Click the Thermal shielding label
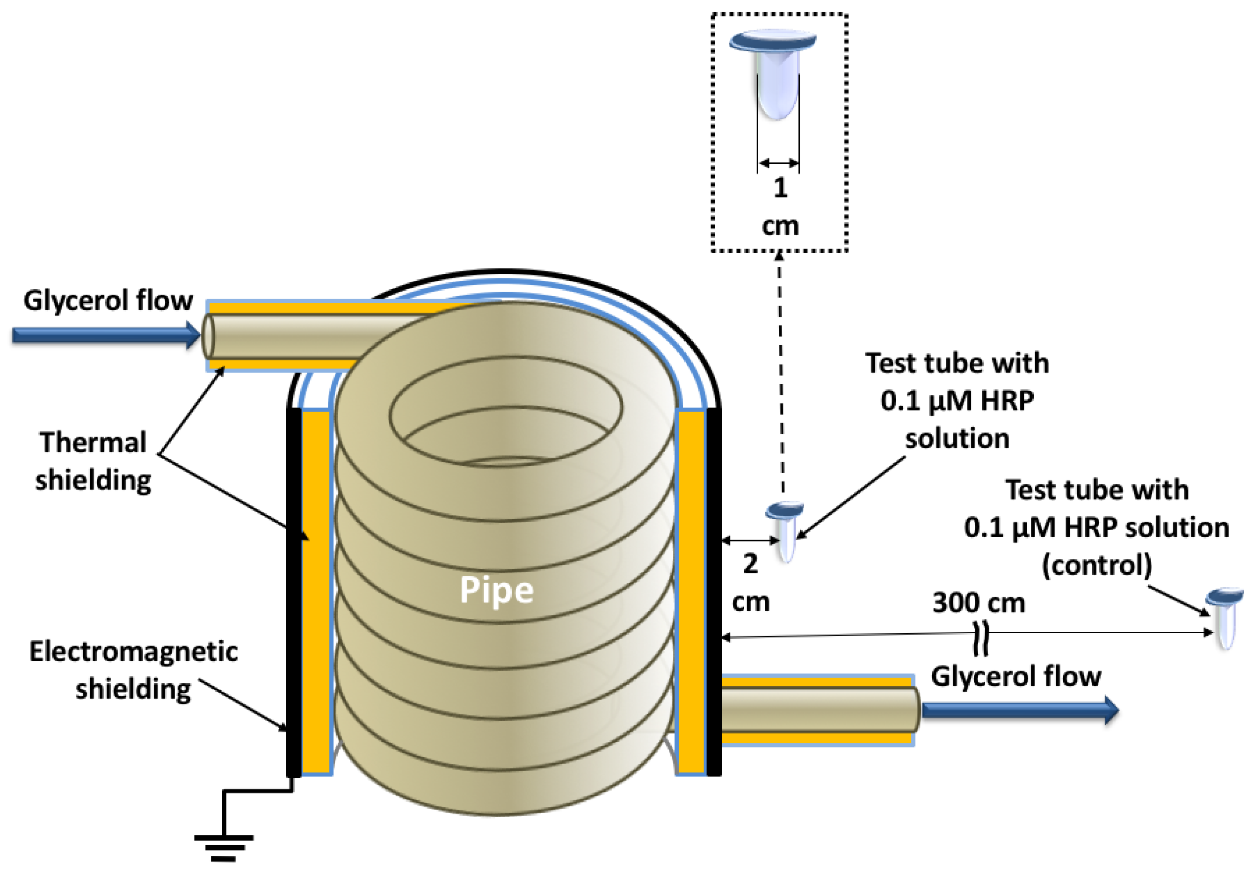pyautogui.click(x=93, y=461)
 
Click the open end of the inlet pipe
pyautogui.click(x=208, y=336)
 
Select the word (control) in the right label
pyautogui.click(x=1096, y=565)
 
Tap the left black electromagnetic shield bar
pyautogui.click(x=294, y=589)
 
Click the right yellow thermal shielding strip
pyautogui.click(x=691, y=589)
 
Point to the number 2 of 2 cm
pyautogui.click(x=750, y=564)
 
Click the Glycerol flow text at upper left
pyautogui.click(x=108, y=300)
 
